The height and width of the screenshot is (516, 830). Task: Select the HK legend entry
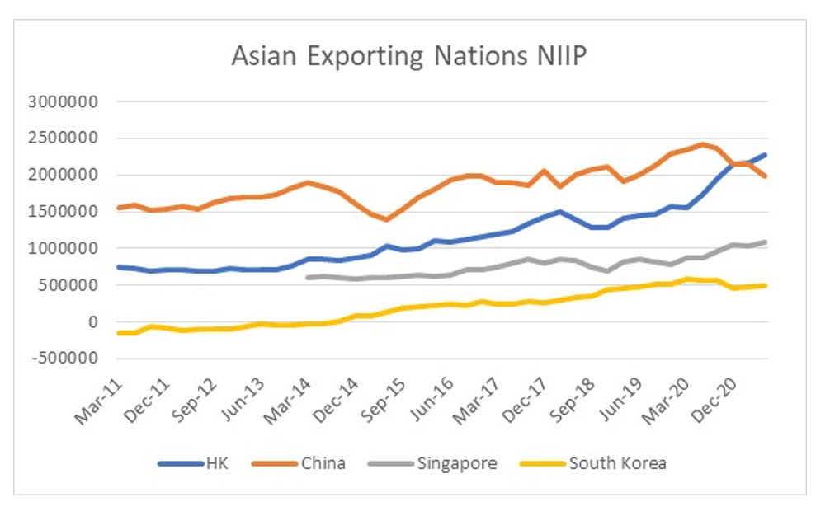point(217,463)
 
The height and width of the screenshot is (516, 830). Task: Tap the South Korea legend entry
point(617,463)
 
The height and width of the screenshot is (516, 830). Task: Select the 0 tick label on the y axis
point(93,321)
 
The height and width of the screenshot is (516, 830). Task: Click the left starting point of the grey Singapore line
point(308,278)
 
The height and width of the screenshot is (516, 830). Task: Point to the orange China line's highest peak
point(703,144)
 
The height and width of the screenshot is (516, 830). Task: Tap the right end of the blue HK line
point(766,154)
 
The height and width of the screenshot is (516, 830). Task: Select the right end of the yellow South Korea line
point(766,285)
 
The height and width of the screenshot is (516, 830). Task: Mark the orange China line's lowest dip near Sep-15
point(387,219)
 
